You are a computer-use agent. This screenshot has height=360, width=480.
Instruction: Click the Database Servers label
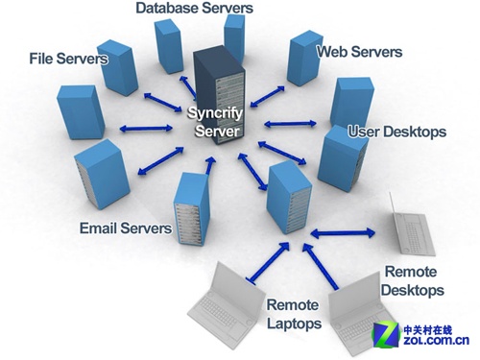pyautogui.click(x=194, y=8)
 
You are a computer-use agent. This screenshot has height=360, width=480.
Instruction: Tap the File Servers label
pyautogui.click(x=68, y=59)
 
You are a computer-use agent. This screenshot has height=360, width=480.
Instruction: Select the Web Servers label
pyautogui.click(x=359, y=52)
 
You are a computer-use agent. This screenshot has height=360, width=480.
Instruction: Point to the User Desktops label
pyautogui.click(x=396, y=132)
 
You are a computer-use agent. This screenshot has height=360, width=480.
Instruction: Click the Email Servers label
pyautogui.click(x=126, y=228)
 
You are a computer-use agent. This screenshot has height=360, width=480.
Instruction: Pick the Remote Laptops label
pyautogui.click(x=294, y=314)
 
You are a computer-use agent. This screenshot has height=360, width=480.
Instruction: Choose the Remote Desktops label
pyautogui.click(x=412, y=280)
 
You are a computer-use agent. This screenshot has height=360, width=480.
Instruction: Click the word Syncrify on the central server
pyautogui.click(x=215, y=113)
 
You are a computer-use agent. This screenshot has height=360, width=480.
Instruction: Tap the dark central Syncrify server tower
pyautogui.click(x=219, y=95)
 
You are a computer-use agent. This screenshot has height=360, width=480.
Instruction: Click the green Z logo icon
pyautogui.click(x=386, y=335)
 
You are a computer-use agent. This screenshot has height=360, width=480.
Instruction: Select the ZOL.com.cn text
pyautogui.click(x=436, y=341)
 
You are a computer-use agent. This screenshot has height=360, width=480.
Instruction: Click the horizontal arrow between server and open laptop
pyautogui.click(x=343, y=233)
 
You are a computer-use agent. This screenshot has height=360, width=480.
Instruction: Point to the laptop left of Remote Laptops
pyautogui.click(x=227, y=305)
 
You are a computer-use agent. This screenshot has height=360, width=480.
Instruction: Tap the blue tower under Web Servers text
pyautogui.click(x=304, y=58)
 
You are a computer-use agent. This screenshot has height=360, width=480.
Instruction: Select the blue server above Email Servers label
pyautogui.click(x=102, y=175)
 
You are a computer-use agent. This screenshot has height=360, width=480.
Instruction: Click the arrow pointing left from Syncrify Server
pyautogui.click(x=146, y=129)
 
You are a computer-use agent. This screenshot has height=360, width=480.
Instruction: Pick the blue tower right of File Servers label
pyautogui.click(x=118, y=67)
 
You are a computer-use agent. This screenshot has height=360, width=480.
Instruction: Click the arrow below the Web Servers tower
pyautogui.click(x=267, y=96)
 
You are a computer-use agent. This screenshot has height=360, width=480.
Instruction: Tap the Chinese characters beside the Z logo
pyautogui.click(x=427, y=330)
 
